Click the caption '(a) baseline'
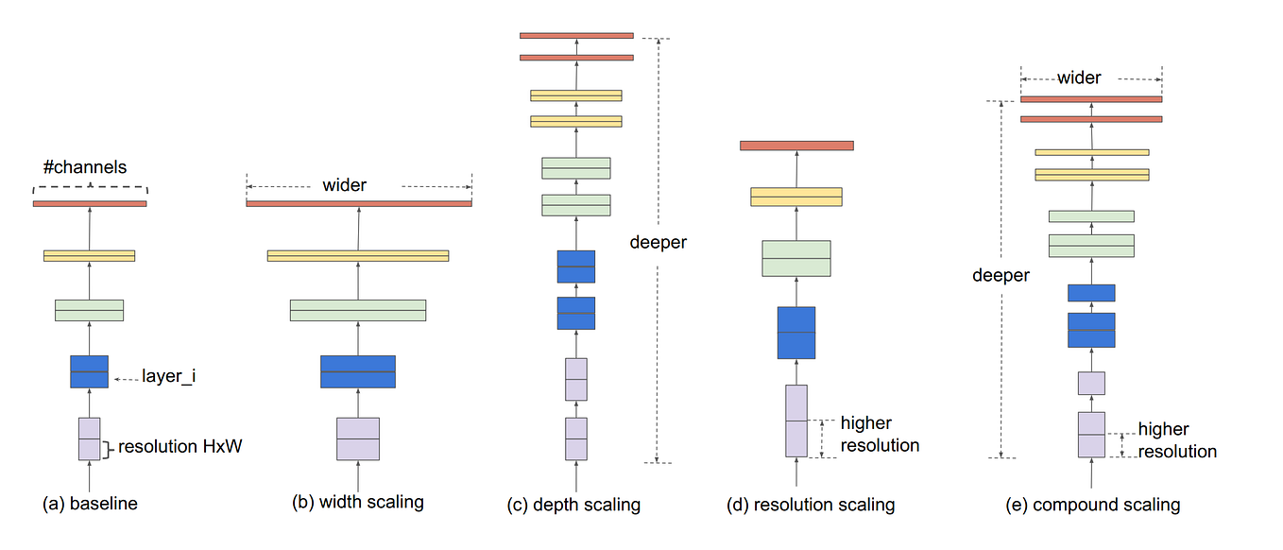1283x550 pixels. pyautogui.click(x=91, y=504)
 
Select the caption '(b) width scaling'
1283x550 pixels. pyautogui.click(x=358, y=502)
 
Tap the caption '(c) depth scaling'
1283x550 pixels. pyautogui.click(x=573, y=505)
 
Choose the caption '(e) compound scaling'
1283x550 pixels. pyautogui.click(x=1093, y=505)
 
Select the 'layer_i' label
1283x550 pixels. pyautogui.click(x=168, y=376)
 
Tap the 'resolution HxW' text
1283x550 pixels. pyautogui.click(x=180, y=447)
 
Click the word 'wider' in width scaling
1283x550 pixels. pyautogui.click(x=344, y=184)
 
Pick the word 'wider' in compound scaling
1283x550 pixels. pyautogui.click(x=1080, y=77)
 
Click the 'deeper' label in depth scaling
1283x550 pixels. pyautogui.click(x=659, y=243)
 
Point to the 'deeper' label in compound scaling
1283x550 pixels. pyautogui.click(x=1001, y=276)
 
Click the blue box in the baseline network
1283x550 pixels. pyautogui.click(x=90, y=371)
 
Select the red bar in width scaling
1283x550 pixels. pyautogui.click(x=359, y=203)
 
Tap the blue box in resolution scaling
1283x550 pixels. pyautogui.click(x=796, y=333)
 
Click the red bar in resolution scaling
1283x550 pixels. pyautogui.click(x=796, y=146)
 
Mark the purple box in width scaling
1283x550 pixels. pyautogui.click(x=358, y=439)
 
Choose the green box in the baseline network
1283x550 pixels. pyautogui.click(x=90, y=310)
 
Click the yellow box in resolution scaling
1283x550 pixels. pyautogui.click(x=796, y=197)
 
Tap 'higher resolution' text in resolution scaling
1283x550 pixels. pyautogui.click(x=880, y=434)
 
